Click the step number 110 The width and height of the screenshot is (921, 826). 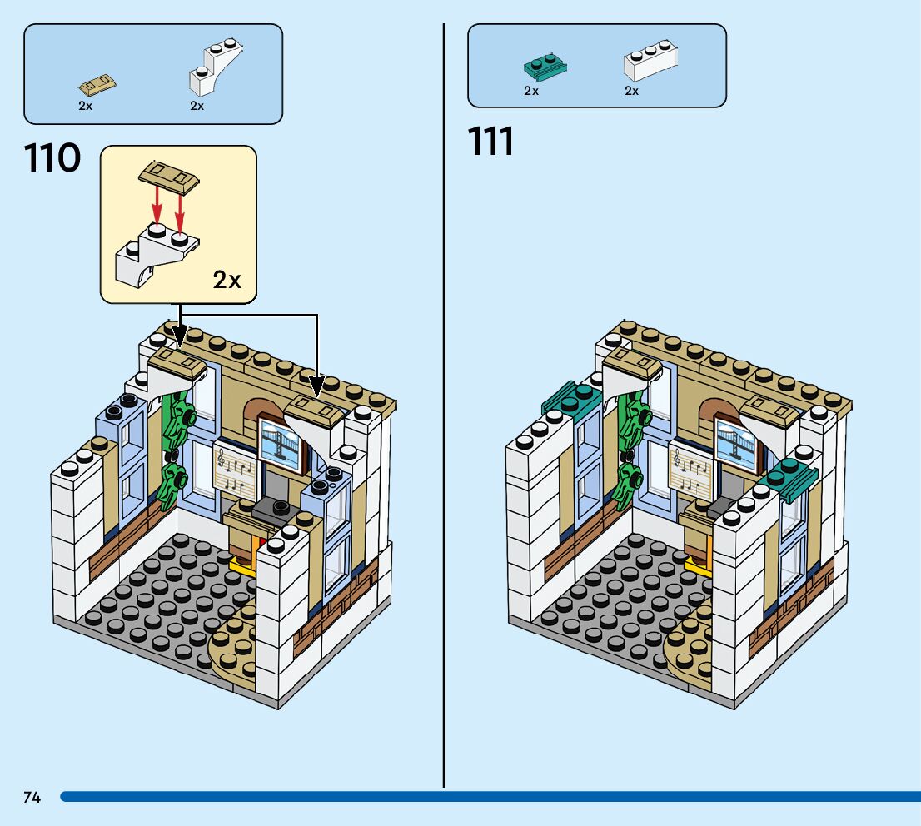[x=53, y=158]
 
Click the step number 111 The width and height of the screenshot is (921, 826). [x=491, y=142]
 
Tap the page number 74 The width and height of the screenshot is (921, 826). [x=32, y=797]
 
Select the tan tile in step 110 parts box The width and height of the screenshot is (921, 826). [x=97, y=84]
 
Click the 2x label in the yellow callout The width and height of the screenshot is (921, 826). [x=227, y=281]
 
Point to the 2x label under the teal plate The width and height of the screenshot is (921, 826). [x=531, y=91]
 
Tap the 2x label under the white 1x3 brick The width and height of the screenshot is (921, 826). [x=632, y=91]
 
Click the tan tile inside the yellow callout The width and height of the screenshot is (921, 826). [x=170, y=176]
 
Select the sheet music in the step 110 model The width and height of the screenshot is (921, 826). [x=234, y=471]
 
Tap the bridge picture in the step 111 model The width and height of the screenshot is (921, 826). [x=736, y=446]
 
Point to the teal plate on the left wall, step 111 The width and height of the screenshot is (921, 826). [x=573, y=399]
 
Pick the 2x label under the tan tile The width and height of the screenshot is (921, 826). [x=86, y=106]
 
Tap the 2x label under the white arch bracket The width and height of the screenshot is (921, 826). [x=197, y=106]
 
